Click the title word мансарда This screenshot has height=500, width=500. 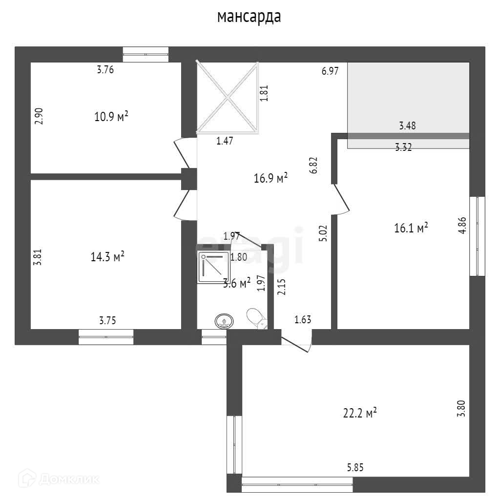(249, 17)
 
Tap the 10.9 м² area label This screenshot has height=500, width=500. (111, 117)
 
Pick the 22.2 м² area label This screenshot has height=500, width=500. (360, 413)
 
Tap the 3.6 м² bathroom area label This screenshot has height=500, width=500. (237, 283)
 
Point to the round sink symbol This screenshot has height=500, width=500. (224, 322)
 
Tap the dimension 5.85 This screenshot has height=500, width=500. (355, 467)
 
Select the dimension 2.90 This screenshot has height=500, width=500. (40, 116)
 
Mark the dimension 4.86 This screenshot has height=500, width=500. (461, 226)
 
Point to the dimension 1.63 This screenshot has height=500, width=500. (303, 320)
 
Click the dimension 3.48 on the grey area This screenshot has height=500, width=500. (407, 126)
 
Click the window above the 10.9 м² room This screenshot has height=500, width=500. (146, 54)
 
